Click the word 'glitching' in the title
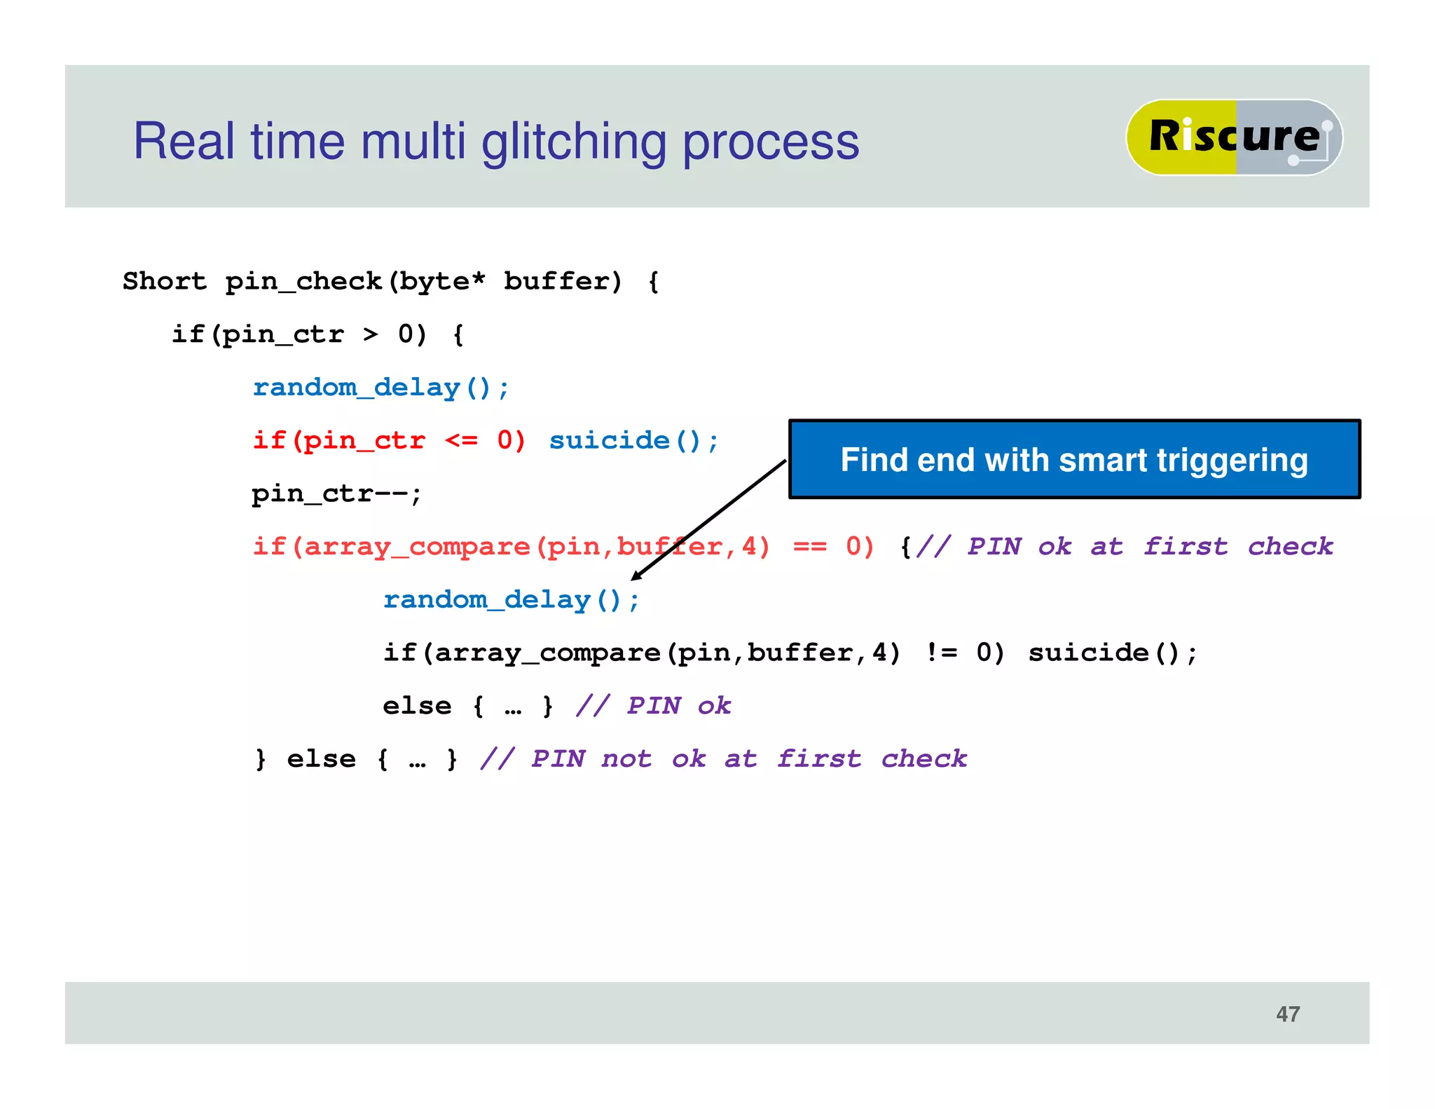pos(573,142)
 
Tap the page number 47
pos(1288,1014)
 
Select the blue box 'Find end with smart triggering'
pos(1073,460)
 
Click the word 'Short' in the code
pos(165,281)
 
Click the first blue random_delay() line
pos(380,388)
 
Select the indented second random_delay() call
pos(511,600)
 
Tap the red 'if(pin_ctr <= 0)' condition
pos(389,441)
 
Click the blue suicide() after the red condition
pos(633,441)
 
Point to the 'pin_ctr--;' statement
pos(336,494)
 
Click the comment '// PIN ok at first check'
pos(1124,547)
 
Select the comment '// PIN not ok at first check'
pos(723,759)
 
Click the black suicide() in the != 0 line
pos(1113,653)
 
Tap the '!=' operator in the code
pos(941,653)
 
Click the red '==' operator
pos(810,547)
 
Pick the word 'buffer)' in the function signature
pos(563,281)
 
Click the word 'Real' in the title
pos(184,142)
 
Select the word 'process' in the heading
pos(770,142)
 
